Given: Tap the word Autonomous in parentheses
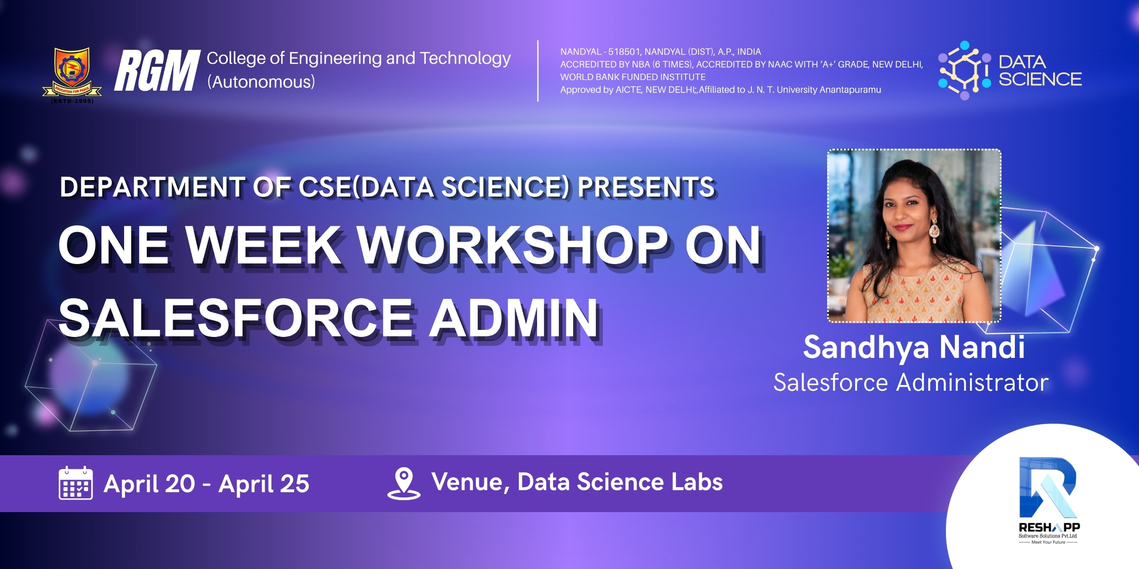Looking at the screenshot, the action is point(261,82).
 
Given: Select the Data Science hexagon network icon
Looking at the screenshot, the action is point(965,70).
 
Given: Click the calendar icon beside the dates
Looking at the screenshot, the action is point(76,483).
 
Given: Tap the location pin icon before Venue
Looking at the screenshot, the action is point(404,483).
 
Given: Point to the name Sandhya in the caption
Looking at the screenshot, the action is point(866,347).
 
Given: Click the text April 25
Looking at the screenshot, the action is point(264,484).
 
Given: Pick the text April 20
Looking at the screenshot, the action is point(149,484).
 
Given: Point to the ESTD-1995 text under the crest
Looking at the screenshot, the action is point(73,101).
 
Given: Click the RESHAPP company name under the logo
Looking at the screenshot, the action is point(1049,527).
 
